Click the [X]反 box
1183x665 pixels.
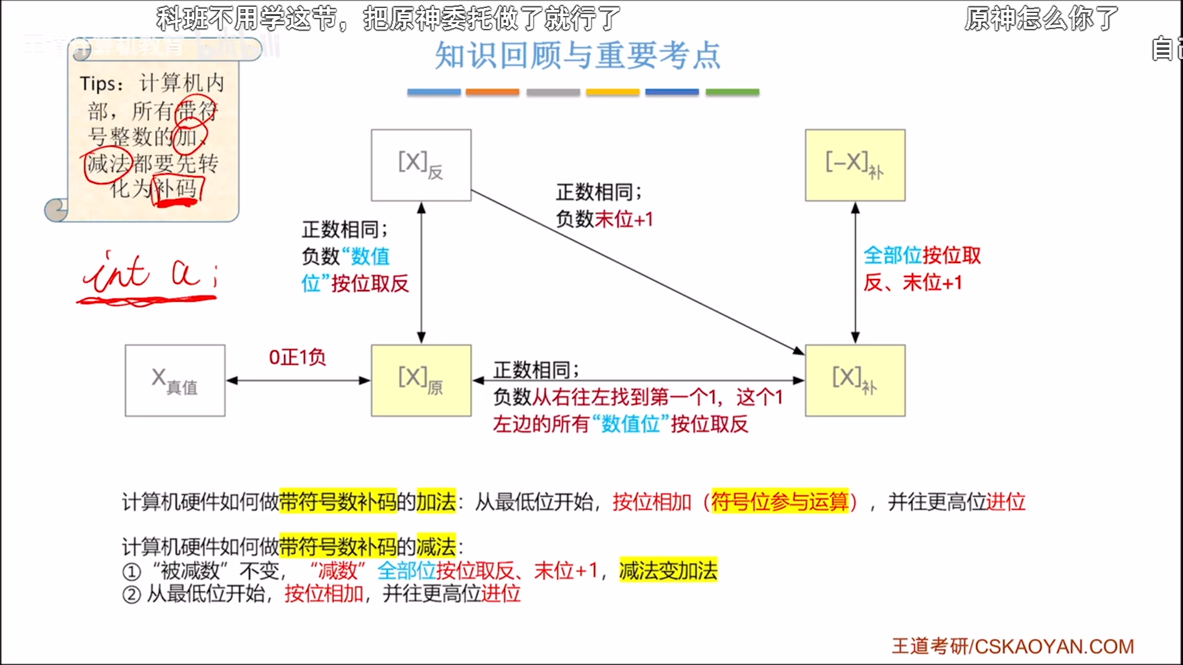[x=421, y=165]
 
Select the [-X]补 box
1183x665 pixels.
[x=855, y=165]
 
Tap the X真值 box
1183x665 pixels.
[x=175, y=381]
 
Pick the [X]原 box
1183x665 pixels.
[x=421, y=381]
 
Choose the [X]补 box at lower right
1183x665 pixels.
[x=855, y=381]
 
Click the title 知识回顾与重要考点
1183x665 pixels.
[x=577, y=55]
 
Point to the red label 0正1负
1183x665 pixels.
[x=297, y=357]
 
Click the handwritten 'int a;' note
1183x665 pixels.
[x=148, y=275]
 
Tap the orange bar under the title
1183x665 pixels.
[x=492, y=92]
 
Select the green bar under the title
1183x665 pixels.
[x=732, y=92]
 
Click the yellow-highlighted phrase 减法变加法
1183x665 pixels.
[x=668, y=571]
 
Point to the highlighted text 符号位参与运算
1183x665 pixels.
[x=779, y=502]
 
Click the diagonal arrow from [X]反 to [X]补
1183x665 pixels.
[x=638, y=272]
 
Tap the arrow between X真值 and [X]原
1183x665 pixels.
[x=298, y=381]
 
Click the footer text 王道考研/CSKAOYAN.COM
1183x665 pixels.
[x=1012, y=646]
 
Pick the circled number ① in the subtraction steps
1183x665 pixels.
[x=131, y=572]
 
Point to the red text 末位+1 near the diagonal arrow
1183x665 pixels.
[x=624, y=219]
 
